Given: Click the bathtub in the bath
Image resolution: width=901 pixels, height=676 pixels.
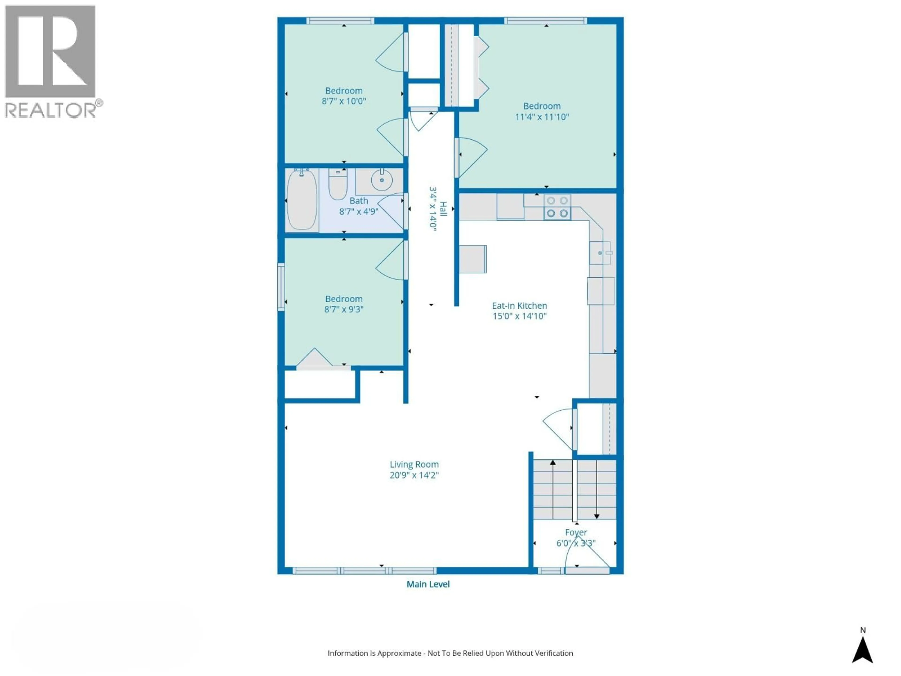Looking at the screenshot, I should coord(302,200).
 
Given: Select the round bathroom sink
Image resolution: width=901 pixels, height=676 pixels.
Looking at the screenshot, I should coord(382,180).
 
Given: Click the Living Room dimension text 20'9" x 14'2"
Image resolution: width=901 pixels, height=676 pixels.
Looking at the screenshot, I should coord(414,475).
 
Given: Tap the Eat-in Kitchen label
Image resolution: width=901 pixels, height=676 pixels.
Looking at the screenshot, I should coord(519,306).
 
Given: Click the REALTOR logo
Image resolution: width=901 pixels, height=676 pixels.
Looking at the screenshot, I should coord(51,61).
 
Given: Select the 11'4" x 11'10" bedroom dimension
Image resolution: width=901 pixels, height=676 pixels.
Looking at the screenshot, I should coord(542,117).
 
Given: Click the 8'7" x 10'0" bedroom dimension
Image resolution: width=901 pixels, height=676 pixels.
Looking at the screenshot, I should coord(344,101).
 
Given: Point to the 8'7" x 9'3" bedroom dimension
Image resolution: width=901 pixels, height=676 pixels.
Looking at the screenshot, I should coord(344,309).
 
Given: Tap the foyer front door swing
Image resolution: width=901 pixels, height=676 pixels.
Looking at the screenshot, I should coord(587,554).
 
